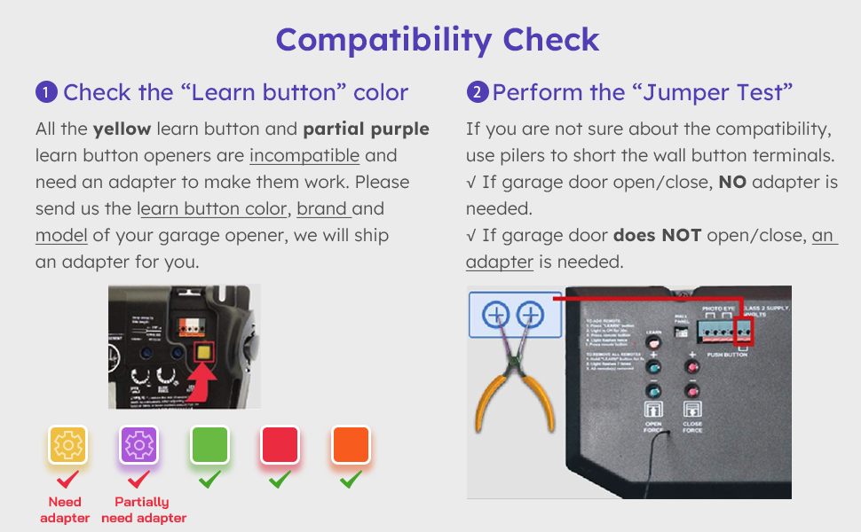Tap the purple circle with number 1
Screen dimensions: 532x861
[46, 92]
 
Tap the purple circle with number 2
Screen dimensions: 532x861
[478, 92]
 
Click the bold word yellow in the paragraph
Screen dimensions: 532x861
[122, 129]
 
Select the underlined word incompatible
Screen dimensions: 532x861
[304, 156]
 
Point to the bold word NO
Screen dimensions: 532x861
[732, 183]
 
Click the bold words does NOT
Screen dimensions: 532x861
[658, 236]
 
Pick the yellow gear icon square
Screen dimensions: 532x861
[68, 445]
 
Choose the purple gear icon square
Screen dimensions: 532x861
[138, 445]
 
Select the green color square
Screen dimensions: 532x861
[209, 445]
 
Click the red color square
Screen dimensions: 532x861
[280, 445]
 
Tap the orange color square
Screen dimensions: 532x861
[351, 445]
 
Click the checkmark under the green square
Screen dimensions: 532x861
[209, 480]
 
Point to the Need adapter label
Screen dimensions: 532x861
[65, 510]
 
